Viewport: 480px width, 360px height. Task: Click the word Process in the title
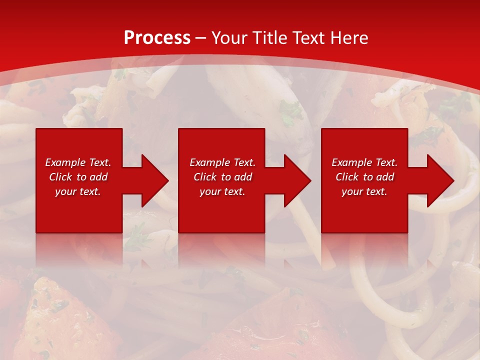click(x=157, y=38)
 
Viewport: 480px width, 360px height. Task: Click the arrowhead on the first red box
click(x=153, y=180)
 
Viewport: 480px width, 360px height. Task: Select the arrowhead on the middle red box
click(x=295, y=180)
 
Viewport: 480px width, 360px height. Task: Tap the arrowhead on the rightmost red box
click(x=438, y=180)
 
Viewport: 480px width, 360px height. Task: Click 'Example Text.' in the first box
click(x=78, y=162)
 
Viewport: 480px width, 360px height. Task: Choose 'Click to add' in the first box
click(x=78, y=177)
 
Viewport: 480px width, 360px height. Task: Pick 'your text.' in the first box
click(x=78, y=191)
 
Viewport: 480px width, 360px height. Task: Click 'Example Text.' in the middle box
click(x=222, y=162)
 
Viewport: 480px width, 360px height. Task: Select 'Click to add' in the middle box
click(x=222, y=177)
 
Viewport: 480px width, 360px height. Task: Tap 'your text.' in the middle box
click(x=222, y=191)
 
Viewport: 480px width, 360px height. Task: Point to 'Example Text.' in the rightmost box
click(x=364, y=162)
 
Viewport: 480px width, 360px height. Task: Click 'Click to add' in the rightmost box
click(x=364, y=177)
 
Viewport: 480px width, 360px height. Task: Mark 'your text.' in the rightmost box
click(x=364, y=191)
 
